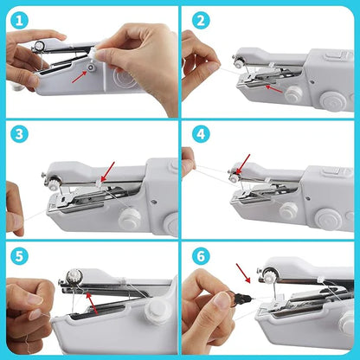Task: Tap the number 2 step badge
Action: coord(201,18)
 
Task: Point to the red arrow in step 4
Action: coord(241,164)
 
